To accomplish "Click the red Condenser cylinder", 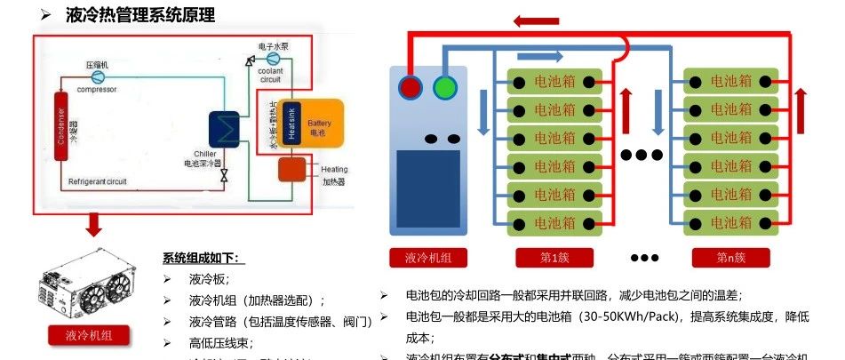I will point(62,124).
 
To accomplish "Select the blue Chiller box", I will point(224,129).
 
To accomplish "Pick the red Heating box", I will point(291,170).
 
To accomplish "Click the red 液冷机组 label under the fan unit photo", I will point(89,335).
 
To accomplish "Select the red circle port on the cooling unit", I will point(411,87).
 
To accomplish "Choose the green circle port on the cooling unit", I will point(444,87).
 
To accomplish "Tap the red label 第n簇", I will point(730,258).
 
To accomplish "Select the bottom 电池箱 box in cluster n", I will point(730,222).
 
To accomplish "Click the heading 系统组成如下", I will point(202,259).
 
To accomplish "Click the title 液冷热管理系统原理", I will point(140,15).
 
